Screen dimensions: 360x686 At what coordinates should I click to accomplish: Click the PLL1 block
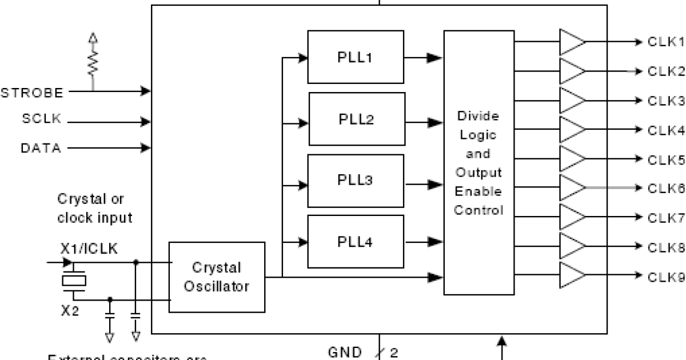356,57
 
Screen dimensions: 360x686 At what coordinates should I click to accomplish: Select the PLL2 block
357,119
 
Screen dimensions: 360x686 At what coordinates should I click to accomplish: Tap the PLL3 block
356,181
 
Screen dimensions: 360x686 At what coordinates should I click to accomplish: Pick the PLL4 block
356,242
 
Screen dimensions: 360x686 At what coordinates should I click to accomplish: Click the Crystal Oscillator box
217,277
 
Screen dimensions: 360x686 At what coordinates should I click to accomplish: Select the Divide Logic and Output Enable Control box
478,163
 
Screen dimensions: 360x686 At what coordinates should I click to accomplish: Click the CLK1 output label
665,42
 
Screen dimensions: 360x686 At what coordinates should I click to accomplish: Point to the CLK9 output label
665,277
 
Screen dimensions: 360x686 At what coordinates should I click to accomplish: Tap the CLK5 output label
665,159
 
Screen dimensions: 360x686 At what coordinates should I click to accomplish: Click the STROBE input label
32,92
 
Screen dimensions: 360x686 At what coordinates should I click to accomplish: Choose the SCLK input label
42,120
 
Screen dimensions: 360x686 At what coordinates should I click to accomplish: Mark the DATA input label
41,148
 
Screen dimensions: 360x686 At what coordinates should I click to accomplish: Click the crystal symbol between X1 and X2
74,281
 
